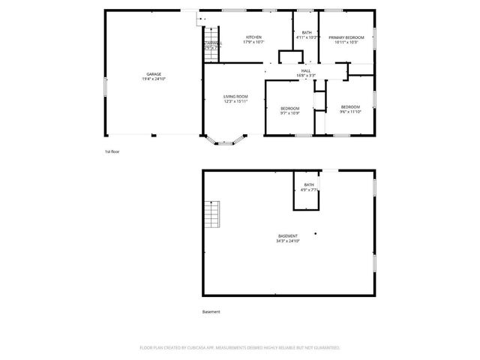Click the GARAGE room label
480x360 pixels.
pyautogui.click(x=154, y=74)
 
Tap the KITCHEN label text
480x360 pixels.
pyautogui.click(x=254, y=37)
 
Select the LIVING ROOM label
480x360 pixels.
pyautogui.click(x=235, y=97)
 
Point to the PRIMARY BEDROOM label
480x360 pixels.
pyautogui.click(x=346, y=37)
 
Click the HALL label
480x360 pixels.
pyautogui.click(x=306, y=70)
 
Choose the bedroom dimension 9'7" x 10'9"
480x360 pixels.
pyautogui.click(x=290, y=113)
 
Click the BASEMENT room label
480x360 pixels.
pyautogui.click(x=288, y=236)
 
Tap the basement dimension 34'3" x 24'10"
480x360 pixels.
pyautogui.click(x=288, y=241)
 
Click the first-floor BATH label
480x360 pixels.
pyautogui.click(x=307, y=32)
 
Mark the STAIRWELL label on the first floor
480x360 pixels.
pyautogui.click(x=212, y=43)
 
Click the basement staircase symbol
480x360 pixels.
pyautogui.click(x=214, y=215)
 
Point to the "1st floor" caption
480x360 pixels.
pyautogui.click(x=112, y=151)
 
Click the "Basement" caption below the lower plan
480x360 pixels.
pyautogui.click(x=211, y=312)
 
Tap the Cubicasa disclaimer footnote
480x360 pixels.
pyautogui.click(x=240, y=348)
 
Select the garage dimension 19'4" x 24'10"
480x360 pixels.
pyautogui.click(x=154, y=79)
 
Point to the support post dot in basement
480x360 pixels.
pyautogui.click(x=316, y=233)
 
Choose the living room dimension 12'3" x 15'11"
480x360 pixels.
pyautogui.click(x=235, y=101)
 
